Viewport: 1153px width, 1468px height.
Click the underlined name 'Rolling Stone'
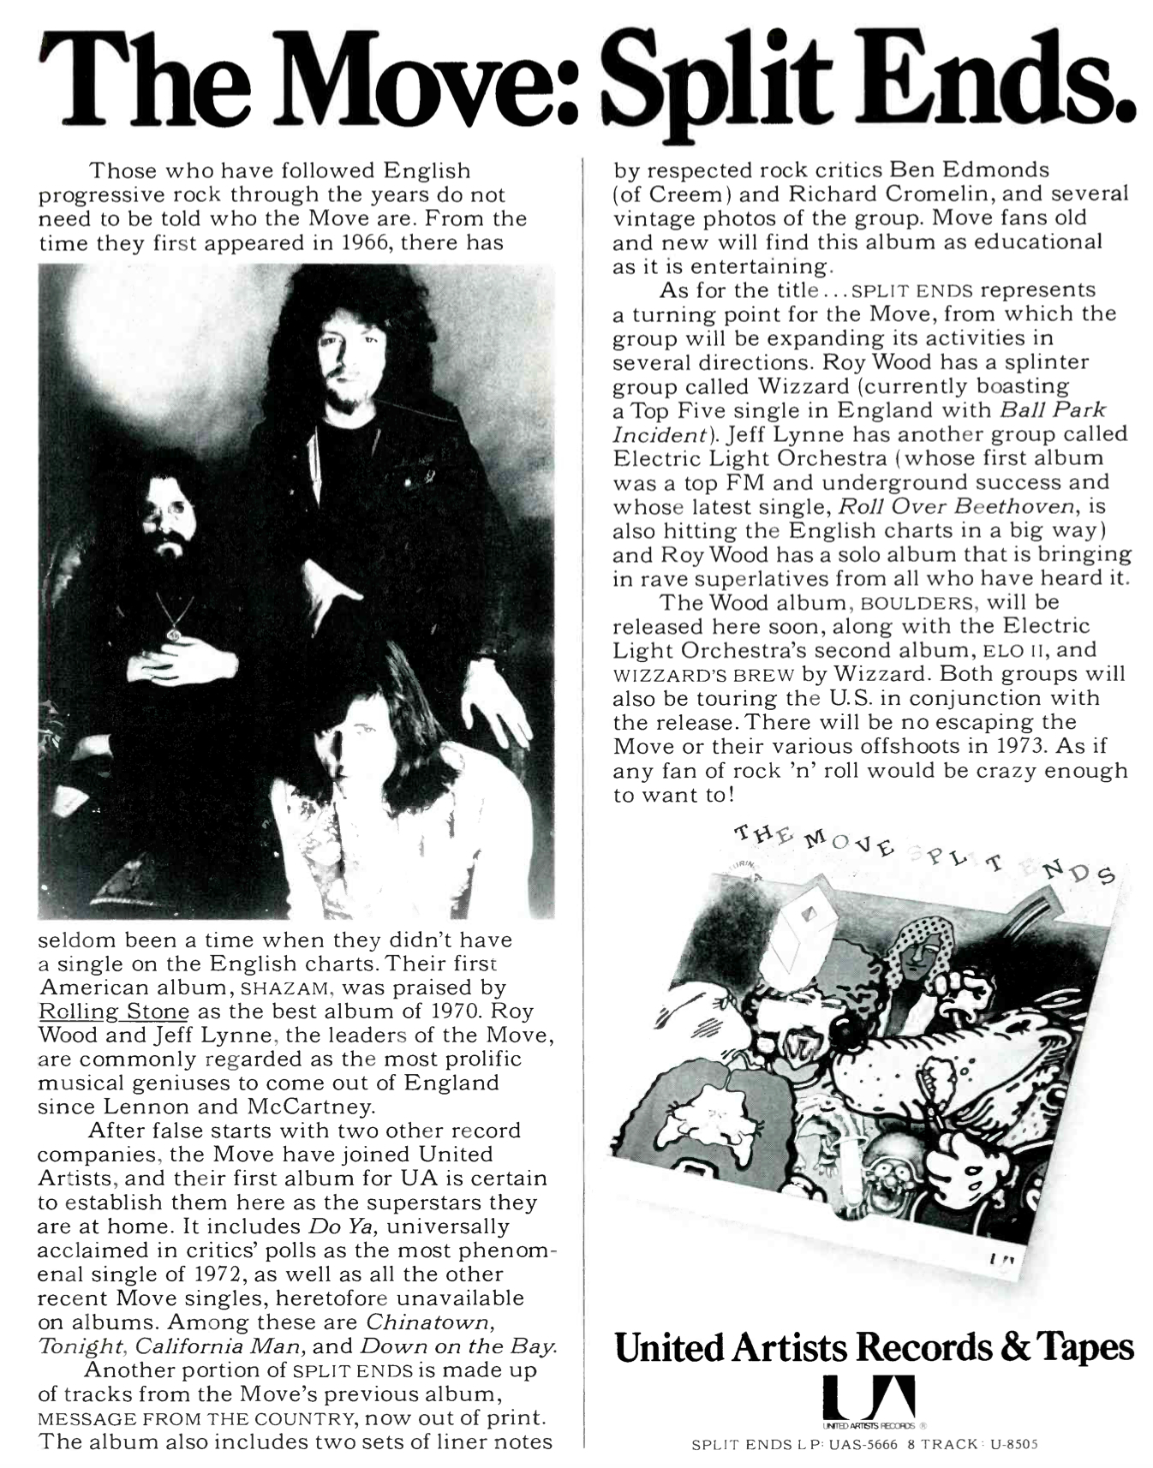click(x=113, y=1011)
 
